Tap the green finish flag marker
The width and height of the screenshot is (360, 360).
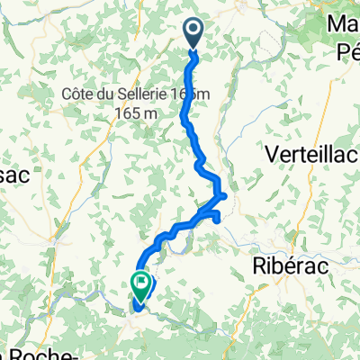pyautogui.click(x=141, y=284)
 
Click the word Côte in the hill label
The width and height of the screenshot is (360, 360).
pyautogui.click(x=82, y=94)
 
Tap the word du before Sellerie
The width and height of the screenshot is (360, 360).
pyautogui.click(x=115, y=94)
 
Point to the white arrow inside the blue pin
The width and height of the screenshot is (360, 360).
pyautogui.click(x=194, y=31)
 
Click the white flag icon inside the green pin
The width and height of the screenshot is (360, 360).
pyautogui.click(x=141, y=283)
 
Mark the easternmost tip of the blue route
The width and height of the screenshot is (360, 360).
pyautogui.click(x=225, y=195)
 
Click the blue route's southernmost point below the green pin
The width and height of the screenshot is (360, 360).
pyautogui.click(x=138, y=310)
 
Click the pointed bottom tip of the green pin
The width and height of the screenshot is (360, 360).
pyautogui.click(x=141, y=299)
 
